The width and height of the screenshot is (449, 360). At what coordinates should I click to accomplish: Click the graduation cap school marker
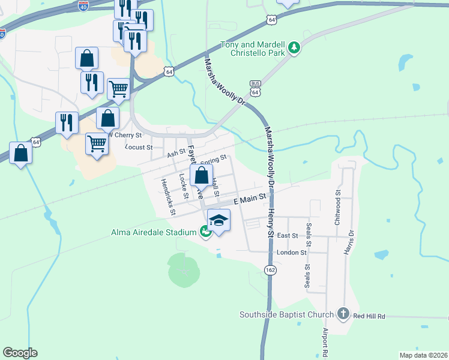[x=219, y=220]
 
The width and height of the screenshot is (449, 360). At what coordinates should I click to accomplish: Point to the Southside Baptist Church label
[x=286, y=314]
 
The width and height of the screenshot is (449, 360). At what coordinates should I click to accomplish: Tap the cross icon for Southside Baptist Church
[x=343, y=313]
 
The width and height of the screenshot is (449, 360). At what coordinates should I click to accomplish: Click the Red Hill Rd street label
[x=369, y=316]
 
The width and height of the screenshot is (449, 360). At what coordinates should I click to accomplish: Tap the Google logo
[x=20, y=353]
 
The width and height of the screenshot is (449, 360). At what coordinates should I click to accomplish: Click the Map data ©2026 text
[x=423, y=355]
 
